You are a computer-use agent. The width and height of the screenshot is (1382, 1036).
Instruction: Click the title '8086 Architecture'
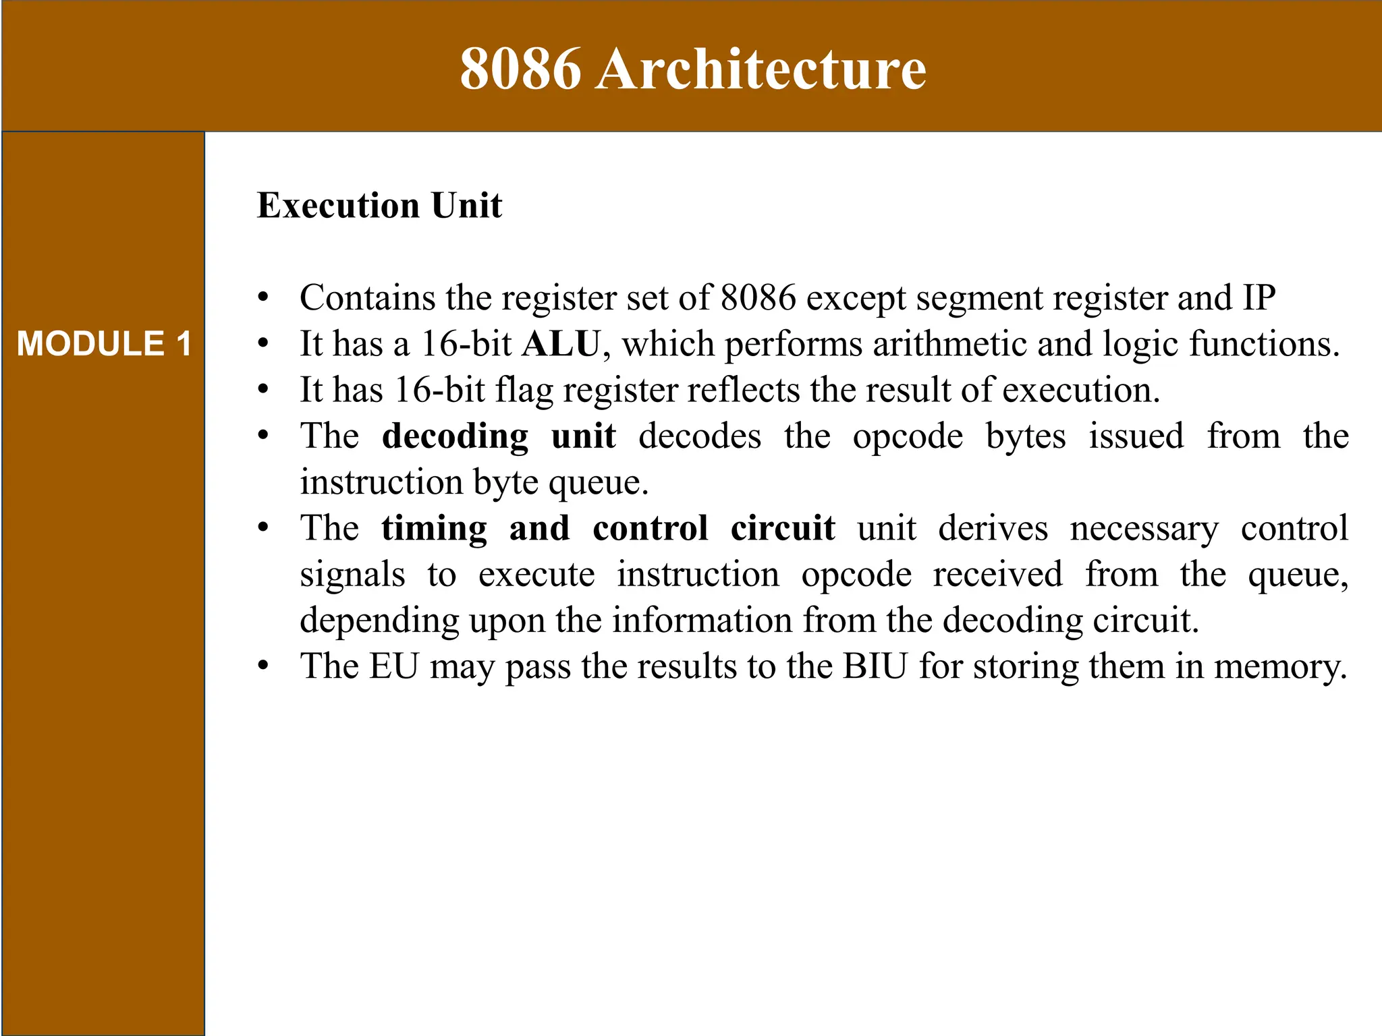tap(693, 69)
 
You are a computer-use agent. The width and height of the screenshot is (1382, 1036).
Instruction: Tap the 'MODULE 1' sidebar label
tap(104, 344)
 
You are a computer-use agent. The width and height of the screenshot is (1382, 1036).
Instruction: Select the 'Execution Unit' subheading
tap(379, 206)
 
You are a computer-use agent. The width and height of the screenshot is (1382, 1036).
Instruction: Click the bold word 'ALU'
tap(561, 344)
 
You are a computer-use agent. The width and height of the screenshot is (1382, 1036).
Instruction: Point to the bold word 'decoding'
tap(455, 436)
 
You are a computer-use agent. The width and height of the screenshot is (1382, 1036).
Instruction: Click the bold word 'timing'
tap(434, 528)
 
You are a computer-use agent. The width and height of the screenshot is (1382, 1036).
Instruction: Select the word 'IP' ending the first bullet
tap(1259, 297)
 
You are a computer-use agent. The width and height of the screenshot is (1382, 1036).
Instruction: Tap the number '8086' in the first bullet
tap(758, 297)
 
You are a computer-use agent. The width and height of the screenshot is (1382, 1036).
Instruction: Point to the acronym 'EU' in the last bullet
tap(393, 666)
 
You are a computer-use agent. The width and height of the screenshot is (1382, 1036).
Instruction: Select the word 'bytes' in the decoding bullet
tap(1026, 436)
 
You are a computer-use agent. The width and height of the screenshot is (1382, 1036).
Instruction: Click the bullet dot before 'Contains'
tap(263, 297)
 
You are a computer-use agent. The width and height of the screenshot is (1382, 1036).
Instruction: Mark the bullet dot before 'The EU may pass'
tap(263, 666)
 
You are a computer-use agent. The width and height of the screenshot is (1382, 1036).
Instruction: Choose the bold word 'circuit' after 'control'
tap(783, 528)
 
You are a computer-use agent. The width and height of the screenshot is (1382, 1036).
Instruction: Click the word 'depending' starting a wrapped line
tap(379, 621)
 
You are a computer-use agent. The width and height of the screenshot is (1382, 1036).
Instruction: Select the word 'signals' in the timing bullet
tap(352, 575)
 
